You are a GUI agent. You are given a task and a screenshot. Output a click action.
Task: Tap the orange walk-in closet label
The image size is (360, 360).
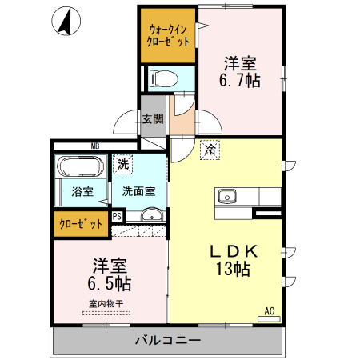point(168,35)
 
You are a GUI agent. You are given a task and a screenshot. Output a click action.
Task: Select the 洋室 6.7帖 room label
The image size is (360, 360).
point(241,71)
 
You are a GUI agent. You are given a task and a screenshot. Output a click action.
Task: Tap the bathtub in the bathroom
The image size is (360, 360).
point(78,168)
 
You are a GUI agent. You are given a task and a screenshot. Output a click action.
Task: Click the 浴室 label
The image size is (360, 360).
point(82,192)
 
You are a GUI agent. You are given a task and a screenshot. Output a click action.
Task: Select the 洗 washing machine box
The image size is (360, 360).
point(122,164)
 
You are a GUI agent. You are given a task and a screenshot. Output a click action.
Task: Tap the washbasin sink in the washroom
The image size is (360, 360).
point(150,214)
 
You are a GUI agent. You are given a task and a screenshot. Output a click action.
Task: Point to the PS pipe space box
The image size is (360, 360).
point(117,216)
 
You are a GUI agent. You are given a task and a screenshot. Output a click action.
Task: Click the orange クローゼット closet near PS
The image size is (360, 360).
point(81,223)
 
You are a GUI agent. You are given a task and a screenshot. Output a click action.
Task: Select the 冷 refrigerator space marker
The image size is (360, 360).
point(210,149)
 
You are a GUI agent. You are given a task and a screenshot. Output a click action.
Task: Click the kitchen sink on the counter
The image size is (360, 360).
point(226,196)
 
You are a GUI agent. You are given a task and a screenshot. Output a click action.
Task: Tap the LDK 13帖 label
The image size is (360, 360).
point(231,260)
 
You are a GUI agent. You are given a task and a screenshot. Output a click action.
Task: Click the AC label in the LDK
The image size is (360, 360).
point(269,310)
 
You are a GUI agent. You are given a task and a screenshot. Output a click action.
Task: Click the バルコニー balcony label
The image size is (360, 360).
point(167,341)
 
